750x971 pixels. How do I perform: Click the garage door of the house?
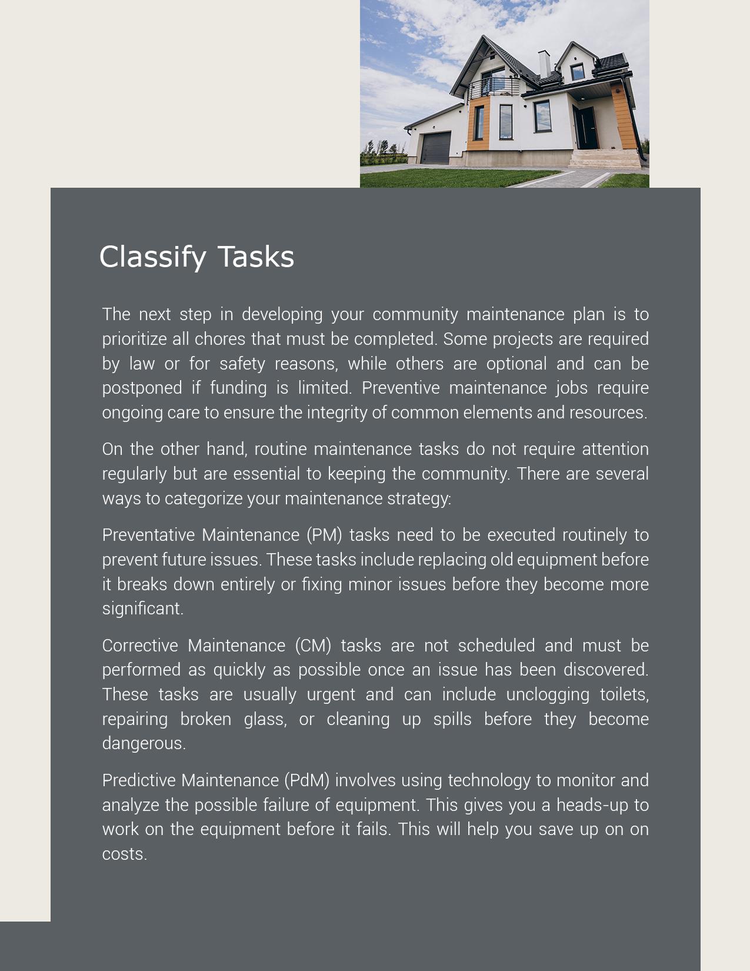[436, 148]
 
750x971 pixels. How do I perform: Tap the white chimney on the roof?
[544, 64]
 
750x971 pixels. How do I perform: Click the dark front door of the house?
[586, 128]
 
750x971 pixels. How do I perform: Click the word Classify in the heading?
[152, 257]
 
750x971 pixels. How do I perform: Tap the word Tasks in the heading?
[256, 257]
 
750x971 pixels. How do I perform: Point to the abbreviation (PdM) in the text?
[306, 780]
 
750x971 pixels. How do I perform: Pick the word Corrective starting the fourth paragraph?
[140, 646]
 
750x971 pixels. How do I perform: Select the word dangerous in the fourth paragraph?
[144, 743]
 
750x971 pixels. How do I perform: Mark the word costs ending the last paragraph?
[124, 854]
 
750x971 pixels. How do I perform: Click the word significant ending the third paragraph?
[142, 608]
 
